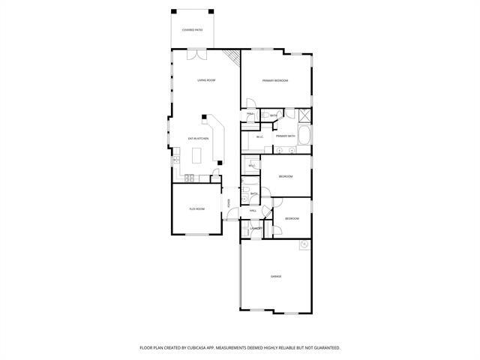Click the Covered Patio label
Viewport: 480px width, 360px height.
tap(193, 30)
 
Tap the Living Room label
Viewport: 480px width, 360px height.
tap(206, 79)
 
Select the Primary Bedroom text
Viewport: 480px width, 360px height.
tap(275, 80)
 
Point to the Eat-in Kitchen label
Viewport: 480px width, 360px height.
tap(197, 139)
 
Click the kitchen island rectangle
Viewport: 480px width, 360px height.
tap(198, 156)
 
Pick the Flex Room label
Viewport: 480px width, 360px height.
tap(196, 209)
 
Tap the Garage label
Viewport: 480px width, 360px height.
tap(276, 277)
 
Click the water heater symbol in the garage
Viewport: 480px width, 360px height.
tap(304, 245)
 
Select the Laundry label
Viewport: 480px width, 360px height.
tap(256, 227)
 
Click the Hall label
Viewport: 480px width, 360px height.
tap(253, 211)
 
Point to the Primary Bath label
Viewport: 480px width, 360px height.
tap(286, 136)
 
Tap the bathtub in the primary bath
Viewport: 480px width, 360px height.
tap(304, 136)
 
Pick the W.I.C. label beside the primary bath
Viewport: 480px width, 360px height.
tap(259, 136)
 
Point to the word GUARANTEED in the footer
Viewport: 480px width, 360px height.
tap(324, 348)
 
